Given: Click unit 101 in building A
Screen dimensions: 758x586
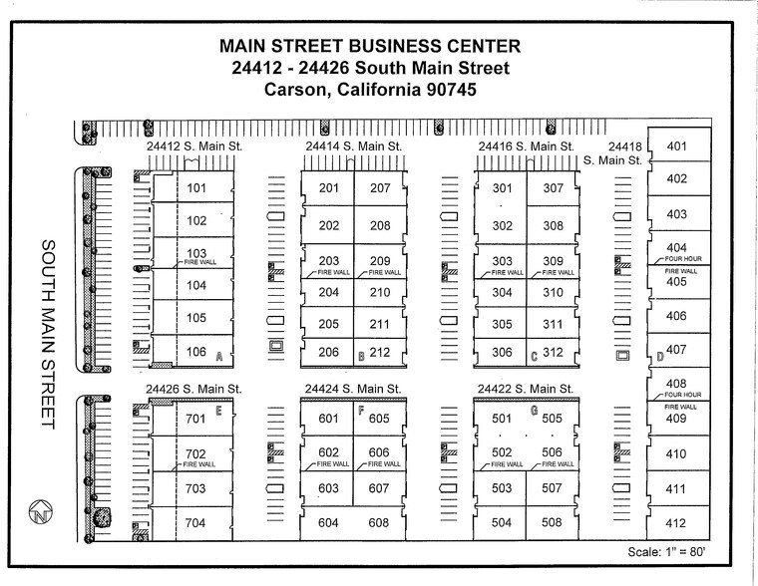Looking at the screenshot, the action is [195, 188].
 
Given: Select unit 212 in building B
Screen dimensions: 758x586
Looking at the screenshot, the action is [380, 352].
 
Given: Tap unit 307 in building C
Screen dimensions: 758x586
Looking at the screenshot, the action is [554, 188].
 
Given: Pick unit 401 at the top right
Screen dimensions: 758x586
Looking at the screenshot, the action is [677, 147].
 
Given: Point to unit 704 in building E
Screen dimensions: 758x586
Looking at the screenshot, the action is [195, 523].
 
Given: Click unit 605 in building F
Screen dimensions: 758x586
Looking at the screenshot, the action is [378, 419].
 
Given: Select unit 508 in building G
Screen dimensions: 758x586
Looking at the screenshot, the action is [553, 522].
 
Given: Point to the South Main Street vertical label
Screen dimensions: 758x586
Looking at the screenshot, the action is [47, 334].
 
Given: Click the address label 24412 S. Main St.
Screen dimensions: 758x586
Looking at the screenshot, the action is [193, 146].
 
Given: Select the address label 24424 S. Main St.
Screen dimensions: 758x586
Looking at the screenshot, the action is [352, 388].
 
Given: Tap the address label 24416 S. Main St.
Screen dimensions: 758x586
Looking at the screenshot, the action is [526, 146].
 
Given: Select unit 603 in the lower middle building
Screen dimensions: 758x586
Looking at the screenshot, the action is [328, 488].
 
